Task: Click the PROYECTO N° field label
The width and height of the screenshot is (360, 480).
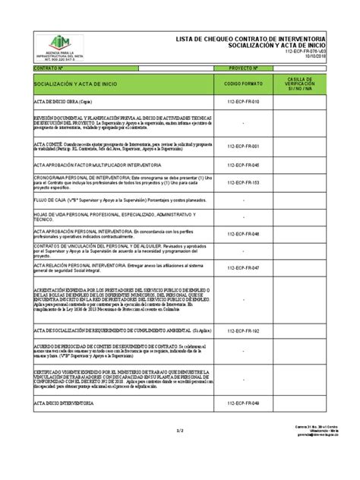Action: pyautogui.click(x=244, y=67)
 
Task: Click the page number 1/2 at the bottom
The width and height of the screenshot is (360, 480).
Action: pyautogui.click(x=180, y=452)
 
